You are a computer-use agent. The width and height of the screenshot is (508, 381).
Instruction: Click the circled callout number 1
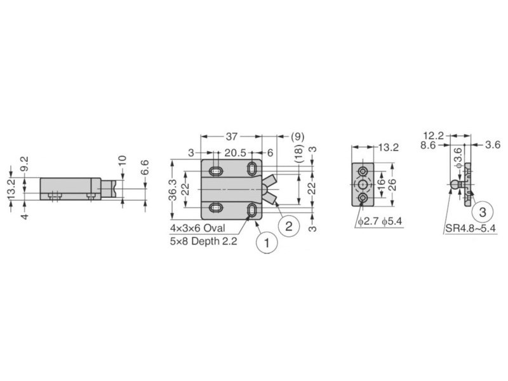[267, 243]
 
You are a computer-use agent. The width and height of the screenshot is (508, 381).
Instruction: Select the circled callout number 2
[289, 226]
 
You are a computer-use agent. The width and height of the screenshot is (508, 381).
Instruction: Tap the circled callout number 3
[483, 213]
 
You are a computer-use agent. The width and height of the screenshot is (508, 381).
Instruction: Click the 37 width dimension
[231, 137]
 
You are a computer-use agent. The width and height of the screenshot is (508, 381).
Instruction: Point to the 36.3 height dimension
[173, 190]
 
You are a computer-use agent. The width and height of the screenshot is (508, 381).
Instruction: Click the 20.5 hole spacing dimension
[235, 152]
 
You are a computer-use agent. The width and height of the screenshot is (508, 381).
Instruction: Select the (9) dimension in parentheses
[297, 137]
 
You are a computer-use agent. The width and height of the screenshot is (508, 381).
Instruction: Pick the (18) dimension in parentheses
[300, 154]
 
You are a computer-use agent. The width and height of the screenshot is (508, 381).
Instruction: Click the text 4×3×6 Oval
[197, 228]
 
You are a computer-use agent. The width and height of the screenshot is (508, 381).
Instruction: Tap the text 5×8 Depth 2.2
[203, 241]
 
